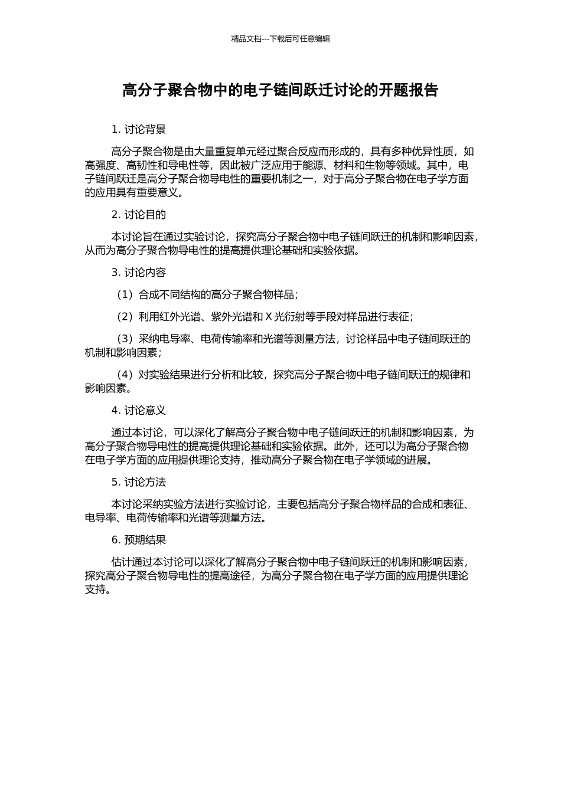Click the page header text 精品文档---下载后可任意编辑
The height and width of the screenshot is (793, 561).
coord(280,39)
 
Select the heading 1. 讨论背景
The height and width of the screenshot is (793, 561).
coord(139,130)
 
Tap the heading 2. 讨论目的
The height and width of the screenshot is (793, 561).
coord(139,215)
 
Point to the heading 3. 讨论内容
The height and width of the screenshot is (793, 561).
coord(139,273)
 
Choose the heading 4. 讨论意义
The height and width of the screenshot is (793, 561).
coord(139,410)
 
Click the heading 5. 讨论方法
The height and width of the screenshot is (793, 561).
coord(139,482)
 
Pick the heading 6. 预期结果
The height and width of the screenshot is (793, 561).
coord(139,540)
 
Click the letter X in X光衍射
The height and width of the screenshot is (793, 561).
coord(268,317)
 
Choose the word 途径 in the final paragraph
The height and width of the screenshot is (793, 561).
coord(243,576)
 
